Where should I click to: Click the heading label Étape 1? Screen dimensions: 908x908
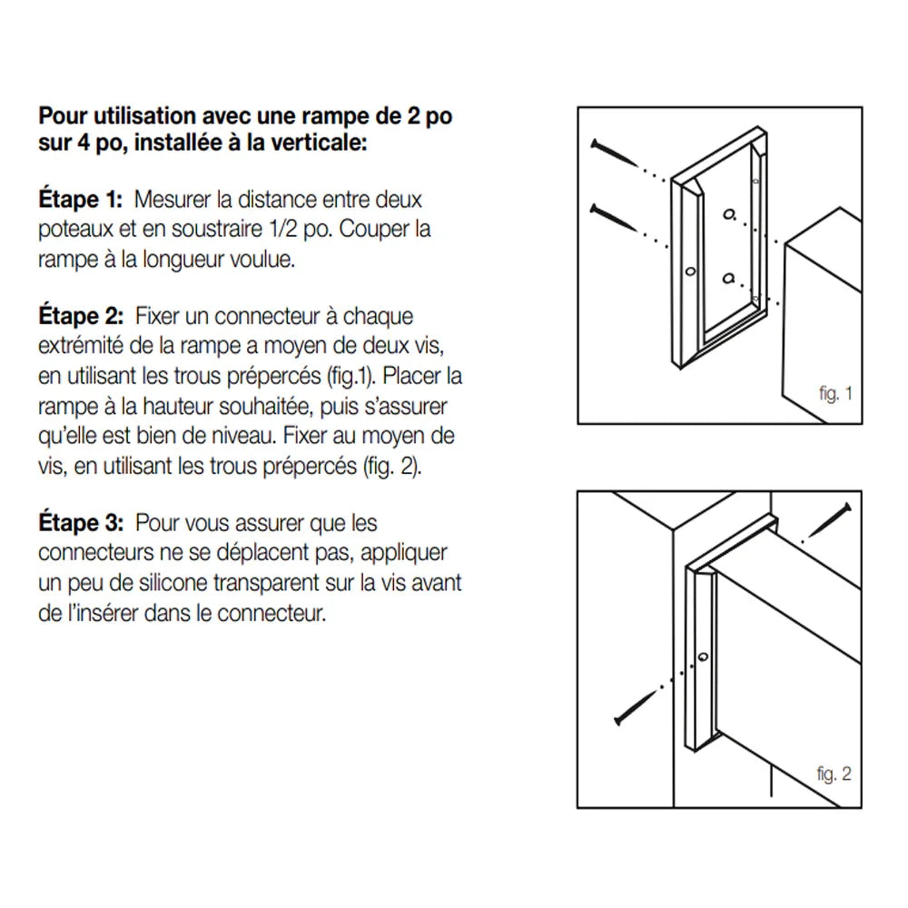click(81, 200)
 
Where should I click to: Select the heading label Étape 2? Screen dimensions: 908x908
click(81, 317)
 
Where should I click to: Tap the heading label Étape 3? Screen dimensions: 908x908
click(81, 523)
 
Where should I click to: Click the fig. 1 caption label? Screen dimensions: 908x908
click(835, 394)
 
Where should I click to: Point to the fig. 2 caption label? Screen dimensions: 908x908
click(834, 775)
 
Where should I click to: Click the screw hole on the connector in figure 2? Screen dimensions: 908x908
click(703, 656)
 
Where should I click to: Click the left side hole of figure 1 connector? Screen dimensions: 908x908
click(689, 271)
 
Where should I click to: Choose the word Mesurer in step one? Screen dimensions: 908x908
click(166, 200)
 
